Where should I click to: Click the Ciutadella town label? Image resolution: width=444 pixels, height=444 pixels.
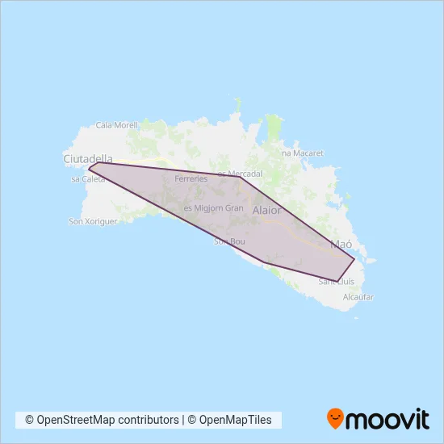88,159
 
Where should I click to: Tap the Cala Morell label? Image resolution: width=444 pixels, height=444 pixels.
117,125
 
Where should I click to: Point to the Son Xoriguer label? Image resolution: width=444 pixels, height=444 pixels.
94,220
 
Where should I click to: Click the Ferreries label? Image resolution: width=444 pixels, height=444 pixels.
191,178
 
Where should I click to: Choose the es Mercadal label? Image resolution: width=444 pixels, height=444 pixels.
241,174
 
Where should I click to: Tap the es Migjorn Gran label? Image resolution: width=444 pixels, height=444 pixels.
213,207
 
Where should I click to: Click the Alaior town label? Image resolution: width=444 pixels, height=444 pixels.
267,210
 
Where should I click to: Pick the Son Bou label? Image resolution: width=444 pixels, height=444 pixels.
229,241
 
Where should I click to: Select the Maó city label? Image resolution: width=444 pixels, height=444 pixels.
341,243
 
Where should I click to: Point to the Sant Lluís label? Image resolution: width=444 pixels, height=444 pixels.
337,281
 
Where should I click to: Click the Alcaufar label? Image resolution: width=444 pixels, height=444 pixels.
358,297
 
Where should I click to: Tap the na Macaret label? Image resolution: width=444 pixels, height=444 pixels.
302,152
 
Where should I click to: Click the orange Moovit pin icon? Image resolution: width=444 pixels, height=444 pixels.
335,419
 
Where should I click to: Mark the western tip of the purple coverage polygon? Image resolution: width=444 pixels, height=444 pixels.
89,169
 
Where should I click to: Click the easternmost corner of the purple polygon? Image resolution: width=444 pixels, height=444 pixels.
354,259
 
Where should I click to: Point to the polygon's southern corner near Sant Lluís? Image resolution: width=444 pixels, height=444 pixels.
337,281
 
